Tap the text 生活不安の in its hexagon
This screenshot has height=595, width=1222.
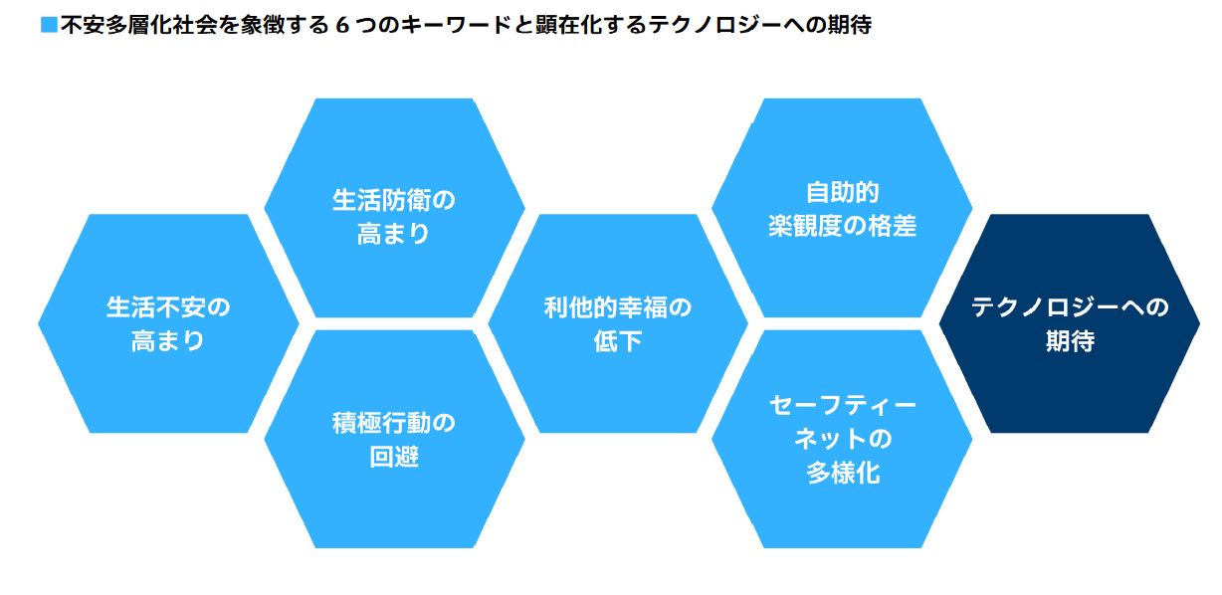[x=168, y=307]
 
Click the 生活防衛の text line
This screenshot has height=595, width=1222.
[x=394, y=200]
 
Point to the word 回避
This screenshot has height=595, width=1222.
[x=394, y=458]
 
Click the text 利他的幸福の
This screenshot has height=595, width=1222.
[x=618, y=307]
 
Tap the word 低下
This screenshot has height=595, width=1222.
[x=618, y=341]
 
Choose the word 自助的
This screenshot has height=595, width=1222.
[x=842, y=191]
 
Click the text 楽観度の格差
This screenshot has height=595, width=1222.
[x=842, y=226]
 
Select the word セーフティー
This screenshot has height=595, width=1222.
[x=842, y=405]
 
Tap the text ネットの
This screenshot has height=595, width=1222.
[x=842, y=439]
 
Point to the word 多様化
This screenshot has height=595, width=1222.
[x=842, y=473]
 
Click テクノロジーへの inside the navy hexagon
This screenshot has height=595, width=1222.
[x=1070, y=307]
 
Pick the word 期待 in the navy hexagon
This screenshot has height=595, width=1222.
[x=1070, y=341]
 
